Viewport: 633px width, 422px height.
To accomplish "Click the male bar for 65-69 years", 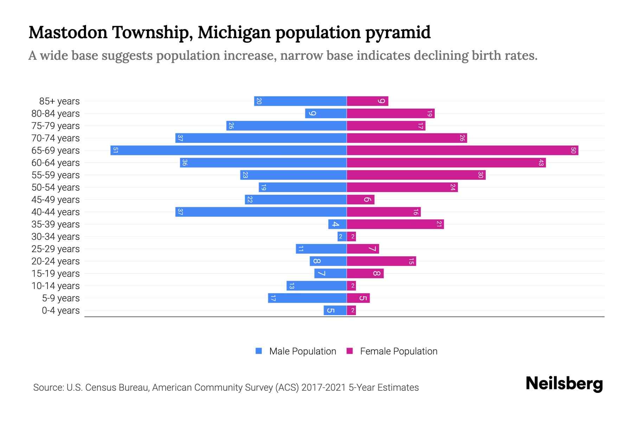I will click(x=229, y=151).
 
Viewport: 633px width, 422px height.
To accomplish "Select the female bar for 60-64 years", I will click(x=446, y=163).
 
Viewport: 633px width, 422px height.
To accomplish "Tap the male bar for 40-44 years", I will click(x=261, y=212).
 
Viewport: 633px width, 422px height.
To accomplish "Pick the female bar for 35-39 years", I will click(x=395, y=224).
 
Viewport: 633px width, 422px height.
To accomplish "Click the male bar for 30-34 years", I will click(x=342, y=237).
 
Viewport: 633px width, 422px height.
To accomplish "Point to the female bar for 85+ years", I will click(x=367, y=101).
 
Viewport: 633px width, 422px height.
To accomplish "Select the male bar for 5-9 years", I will click(x=307, y=298).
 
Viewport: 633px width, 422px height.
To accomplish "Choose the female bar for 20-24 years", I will click(x=381, y=261).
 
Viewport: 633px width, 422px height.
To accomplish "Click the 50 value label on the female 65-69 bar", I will click(x=573, y=151).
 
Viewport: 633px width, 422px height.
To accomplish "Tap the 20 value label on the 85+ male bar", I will click(x=259, y=101).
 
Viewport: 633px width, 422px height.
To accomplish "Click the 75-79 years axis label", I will click(x=56, y=126).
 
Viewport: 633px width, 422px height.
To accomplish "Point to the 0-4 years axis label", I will click(x=60, y=311).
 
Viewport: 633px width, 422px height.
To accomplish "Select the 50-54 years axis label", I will click(x=56, y=187).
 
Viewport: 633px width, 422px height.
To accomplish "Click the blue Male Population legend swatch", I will click(x=259, y=351).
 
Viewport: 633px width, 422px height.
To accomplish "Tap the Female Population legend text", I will click(x=398, y=351).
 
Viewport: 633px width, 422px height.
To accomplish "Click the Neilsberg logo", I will click(x=564, y=384).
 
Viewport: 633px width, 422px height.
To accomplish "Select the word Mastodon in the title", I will click(x=68, y=33).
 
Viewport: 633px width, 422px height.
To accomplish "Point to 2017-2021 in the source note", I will click(x=324, y=388).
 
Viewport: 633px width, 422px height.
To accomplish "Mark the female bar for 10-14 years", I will click(x=351, y=286).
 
